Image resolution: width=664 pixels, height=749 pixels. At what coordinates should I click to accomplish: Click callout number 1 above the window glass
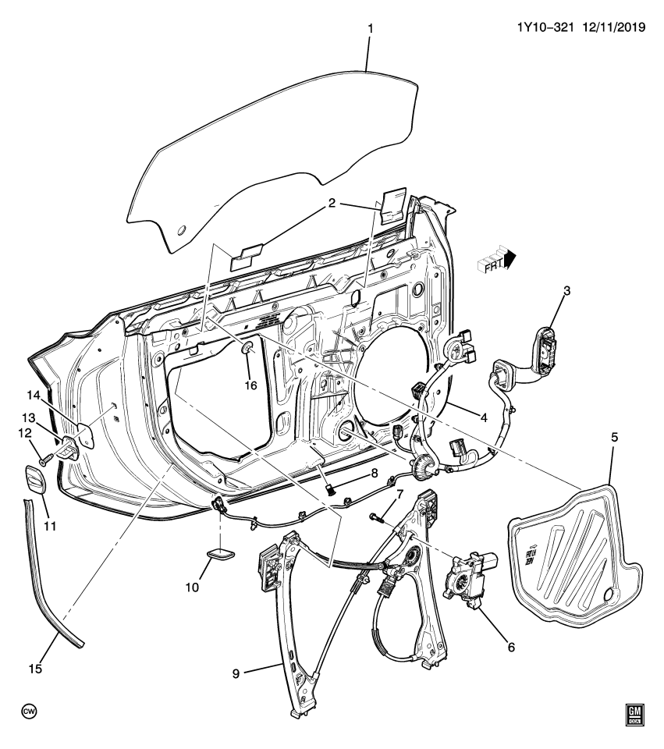point(371,29)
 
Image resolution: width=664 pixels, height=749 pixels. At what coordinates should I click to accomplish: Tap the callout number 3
point(567,291)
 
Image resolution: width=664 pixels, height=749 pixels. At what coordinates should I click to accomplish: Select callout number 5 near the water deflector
point(614,438)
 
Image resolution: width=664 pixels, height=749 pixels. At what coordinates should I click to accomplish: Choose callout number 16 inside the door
point(250,384)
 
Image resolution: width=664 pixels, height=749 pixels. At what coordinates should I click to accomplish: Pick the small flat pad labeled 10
point(222,555)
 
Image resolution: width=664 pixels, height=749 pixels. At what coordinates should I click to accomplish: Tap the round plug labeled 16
point(247,349)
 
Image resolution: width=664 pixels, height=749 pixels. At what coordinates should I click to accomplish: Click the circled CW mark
point(29,712)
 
